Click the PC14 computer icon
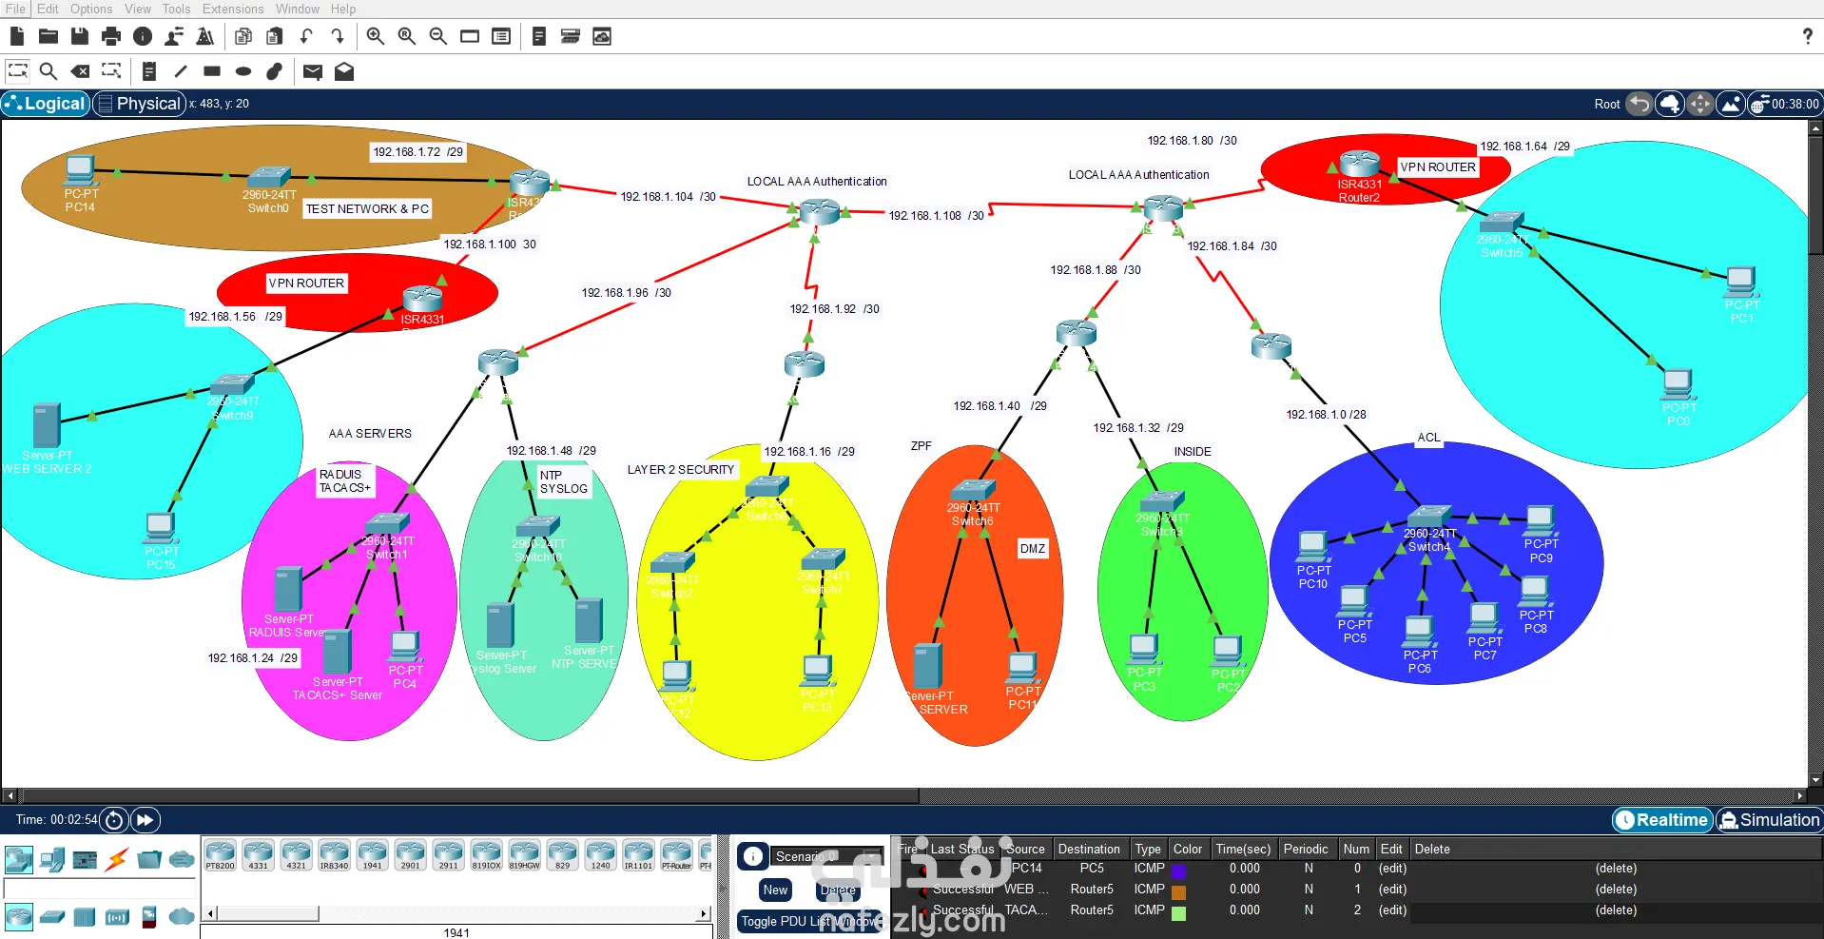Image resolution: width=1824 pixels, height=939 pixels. (x=80, y=171)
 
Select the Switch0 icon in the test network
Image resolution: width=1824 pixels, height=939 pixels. (x=268, y=178)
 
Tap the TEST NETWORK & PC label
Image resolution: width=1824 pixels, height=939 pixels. (x=367, y=209)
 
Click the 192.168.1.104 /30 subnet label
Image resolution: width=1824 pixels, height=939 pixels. (x=668, y=197)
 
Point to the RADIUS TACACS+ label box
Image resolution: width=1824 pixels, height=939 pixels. (x=345, y=481)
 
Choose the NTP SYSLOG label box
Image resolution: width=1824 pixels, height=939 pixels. (x=564, y=482)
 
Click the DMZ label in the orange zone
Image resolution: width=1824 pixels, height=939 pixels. (x=1033, y=549)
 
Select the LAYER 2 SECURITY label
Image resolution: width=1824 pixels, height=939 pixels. (x=681, y=470)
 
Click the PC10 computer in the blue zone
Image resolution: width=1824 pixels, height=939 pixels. (x=1312, y=546)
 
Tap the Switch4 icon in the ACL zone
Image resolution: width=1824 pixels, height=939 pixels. (x=1428, y=517)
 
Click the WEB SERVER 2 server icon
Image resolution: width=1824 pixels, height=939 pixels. (x=46, y=425)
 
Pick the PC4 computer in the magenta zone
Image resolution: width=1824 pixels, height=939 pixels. (x=404, y=646)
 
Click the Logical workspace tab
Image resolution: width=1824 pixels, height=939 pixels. (x=46, y=104)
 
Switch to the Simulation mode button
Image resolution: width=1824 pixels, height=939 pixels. (x=1769, y=820)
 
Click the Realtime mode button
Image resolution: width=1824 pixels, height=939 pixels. (x=1662, y=820)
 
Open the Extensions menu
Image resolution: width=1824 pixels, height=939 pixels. (x=233, y=9)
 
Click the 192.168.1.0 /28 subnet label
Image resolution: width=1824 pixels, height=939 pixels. (x=1326, y=415)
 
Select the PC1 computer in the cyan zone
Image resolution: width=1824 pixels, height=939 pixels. (x=1740, y=282)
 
